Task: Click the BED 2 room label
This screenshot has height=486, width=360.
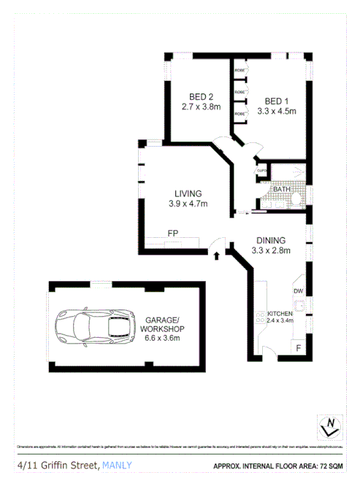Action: pyautogui.click(x=201, y=96)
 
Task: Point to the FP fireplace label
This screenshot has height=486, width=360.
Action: pyautogui.click(x=174, y=234)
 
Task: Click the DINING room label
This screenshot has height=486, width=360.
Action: pyautogui.click(x=270, y=240)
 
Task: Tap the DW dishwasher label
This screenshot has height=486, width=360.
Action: pyautogui.click(x=298, y=291)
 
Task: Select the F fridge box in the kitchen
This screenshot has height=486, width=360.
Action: pyautogui.click(x=298, y=348)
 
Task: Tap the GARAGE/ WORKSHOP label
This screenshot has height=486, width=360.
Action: pyautogui.click(x=164, y=325)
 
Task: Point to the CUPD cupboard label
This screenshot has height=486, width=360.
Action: pyautogui.click(x=261, y=171)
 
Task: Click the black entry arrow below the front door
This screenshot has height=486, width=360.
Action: pyautogui.click(x=216, y=255)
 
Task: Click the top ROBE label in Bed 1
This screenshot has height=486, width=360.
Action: pyautogui.click(x=239, y=72)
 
